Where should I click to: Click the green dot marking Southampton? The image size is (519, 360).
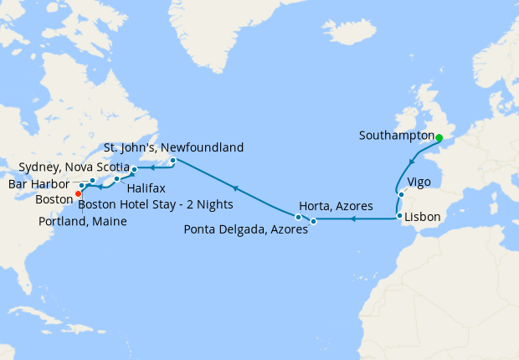coord(439,136)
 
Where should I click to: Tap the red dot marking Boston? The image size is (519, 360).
coord(78,193)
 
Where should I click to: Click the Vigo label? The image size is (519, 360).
coord(419,182)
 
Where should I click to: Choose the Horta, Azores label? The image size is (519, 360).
coord(336,205)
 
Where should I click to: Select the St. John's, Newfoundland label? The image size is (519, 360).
coord(173,147)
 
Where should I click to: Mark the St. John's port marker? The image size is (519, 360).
coord(172,160)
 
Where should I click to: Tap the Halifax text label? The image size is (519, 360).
coord(146,188)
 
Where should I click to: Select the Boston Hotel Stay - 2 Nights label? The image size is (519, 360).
coord(156,203)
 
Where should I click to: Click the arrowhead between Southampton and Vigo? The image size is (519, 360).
coord(410,162)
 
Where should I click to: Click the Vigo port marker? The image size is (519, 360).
coord(400,195)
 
